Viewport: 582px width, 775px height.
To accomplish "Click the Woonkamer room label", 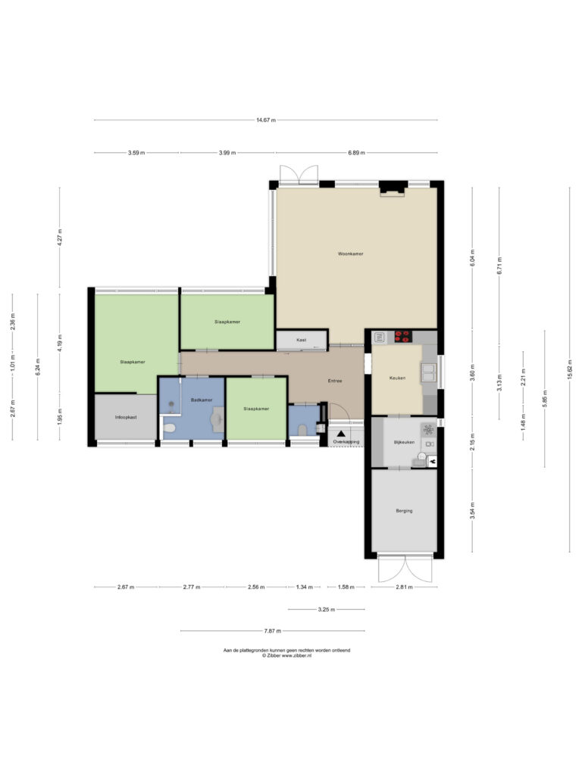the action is pos(350,254).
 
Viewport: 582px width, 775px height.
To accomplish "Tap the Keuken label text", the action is pos(397,378).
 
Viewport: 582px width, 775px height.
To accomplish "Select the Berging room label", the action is pos(404,511).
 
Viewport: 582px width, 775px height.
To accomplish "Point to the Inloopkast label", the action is pos(126,417).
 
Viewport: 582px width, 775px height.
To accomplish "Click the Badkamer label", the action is pos(202,400).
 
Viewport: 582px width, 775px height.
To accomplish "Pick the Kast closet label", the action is pos(302,340).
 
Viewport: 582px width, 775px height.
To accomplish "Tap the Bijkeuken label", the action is pos(405,442).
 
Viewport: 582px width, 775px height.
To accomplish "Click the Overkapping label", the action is pos(346,442).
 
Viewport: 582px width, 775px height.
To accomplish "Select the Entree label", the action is pos(335,381).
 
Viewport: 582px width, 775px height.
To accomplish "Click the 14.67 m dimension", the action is pos(266,120).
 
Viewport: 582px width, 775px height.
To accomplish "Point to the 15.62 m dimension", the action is pos(570,369).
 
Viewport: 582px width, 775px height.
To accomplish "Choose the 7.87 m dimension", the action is pos(272,631).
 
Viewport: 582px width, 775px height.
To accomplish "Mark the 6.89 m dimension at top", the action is pos(356,153).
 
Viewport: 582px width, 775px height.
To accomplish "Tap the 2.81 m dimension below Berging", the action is pos(404,587).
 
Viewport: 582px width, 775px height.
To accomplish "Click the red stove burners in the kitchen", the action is pos(402,337).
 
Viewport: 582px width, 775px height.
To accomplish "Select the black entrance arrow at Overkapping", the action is pos(341,434).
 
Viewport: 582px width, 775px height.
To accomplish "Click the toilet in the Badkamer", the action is pos(169,428).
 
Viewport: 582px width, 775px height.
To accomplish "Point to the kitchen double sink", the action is pos(429,373).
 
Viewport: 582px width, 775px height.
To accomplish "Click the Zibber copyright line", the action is pos(286,656).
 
